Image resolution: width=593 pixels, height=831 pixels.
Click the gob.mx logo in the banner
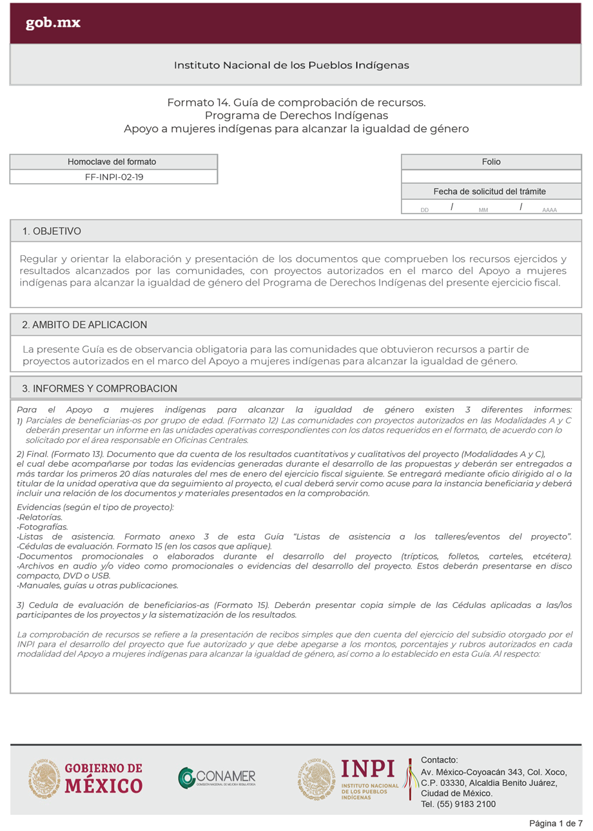[53, 24]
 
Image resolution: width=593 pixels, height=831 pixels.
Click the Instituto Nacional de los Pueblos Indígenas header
[291, 65]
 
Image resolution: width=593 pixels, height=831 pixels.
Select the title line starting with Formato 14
[296, 103]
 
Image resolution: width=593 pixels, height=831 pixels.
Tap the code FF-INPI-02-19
[114, 176]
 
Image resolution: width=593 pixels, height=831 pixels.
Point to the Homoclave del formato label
[112, 161]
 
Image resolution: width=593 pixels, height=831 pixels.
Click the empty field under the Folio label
[491, 176]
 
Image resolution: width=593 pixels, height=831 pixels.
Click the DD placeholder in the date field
[425, 210]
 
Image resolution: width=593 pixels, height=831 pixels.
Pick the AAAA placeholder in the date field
[550, 210]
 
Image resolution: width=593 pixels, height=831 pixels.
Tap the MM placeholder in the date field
[483, 210]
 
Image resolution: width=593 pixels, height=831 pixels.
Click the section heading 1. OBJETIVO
[52, 231]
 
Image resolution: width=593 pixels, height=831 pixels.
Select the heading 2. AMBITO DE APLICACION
[84, 324]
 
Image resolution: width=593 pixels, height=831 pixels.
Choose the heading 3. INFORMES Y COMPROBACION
[99, 389]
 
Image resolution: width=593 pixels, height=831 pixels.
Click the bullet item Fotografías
[44, 527]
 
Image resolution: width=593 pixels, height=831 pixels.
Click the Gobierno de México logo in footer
[85, 777]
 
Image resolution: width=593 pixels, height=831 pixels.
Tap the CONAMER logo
[217, 777]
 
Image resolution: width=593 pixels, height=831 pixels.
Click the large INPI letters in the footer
[368, 769]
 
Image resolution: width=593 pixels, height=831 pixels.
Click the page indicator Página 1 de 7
[556, 823]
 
